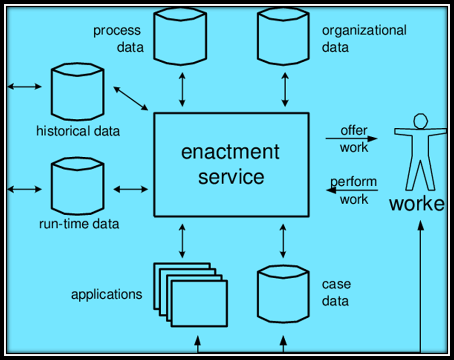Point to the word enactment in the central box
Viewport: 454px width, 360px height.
pyautogui.click(x=231, y=152)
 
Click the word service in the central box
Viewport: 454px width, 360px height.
pyautogui.click(x=231, y=177)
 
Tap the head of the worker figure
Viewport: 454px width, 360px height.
pyautogui.click(x=421, y=121)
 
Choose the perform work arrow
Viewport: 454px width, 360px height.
pyautogui.click(x=352, y=190)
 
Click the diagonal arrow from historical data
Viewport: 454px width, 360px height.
pyautogui.click(x=131, y=99)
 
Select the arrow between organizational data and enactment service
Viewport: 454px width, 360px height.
pyautogui.click(x=285, y=89)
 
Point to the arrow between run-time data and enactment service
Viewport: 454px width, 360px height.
pyautogui.click(x=131, y=190)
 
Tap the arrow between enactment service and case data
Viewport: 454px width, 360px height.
pyautogui.click(x=283, y=241)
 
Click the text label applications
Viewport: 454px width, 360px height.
pyautogui.click(x=106, y=294)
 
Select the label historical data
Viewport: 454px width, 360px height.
pyautogui.click(x=78, y=131)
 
